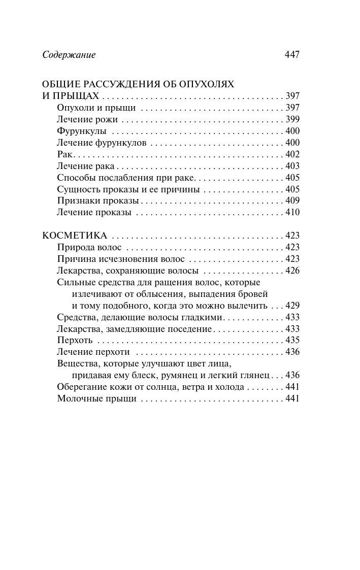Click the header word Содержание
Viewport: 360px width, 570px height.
pyautogui.click(x=69, y=54)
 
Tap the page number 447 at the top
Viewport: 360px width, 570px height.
pyautogui.click(x=291, y=54)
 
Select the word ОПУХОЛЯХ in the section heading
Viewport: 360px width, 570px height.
pyautogui.click(x=210, y=84)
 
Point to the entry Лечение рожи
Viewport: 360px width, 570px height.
pyautogui.click(x=87, y=120)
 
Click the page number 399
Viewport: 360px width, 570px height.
pyautogui.click(x=292, y=120)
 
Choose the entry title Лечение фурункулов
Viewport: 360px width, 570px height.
pyautogui.click(x=102, y=143)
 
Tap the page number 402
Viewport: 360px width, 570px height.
pyautogui.click(x=292, y=154)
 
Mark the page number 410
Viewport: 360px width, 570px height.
pyautogui.click(x=292, y=213)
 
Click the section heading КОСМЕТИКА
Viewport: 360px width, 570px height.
pyautogui.click(x=74, y=236)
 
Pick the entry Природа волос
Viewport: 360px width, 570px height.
pyautogui.click(x=89, y=247)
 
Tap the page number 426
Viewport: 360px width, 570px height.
pyautogui.click(x=292, y=271)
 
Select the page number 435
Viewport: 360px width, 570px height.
pyautogui.click(x=292, y=340)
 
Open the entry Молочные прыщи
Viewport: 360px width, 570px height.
pyautogui.click(x=97, y=399)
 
